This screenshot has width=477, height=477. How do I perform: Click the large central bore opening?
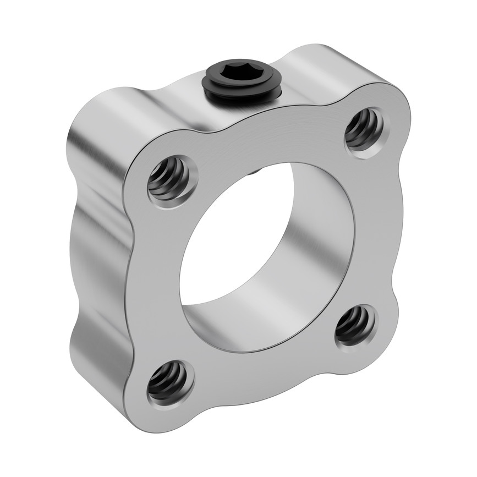coord(259,259)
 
